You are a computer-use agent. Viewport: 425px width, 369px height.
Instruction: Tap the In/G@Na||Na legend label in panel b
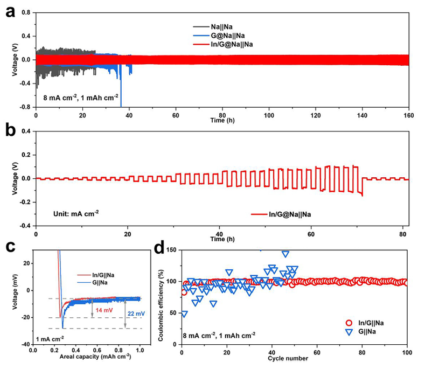point(293,214)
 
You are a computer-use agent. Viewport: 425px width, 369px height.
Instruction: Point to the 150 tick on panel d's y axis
point(173,250)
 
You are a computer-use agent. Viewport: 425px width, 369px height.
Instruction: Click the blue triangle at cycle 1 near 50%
point(185,314)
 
